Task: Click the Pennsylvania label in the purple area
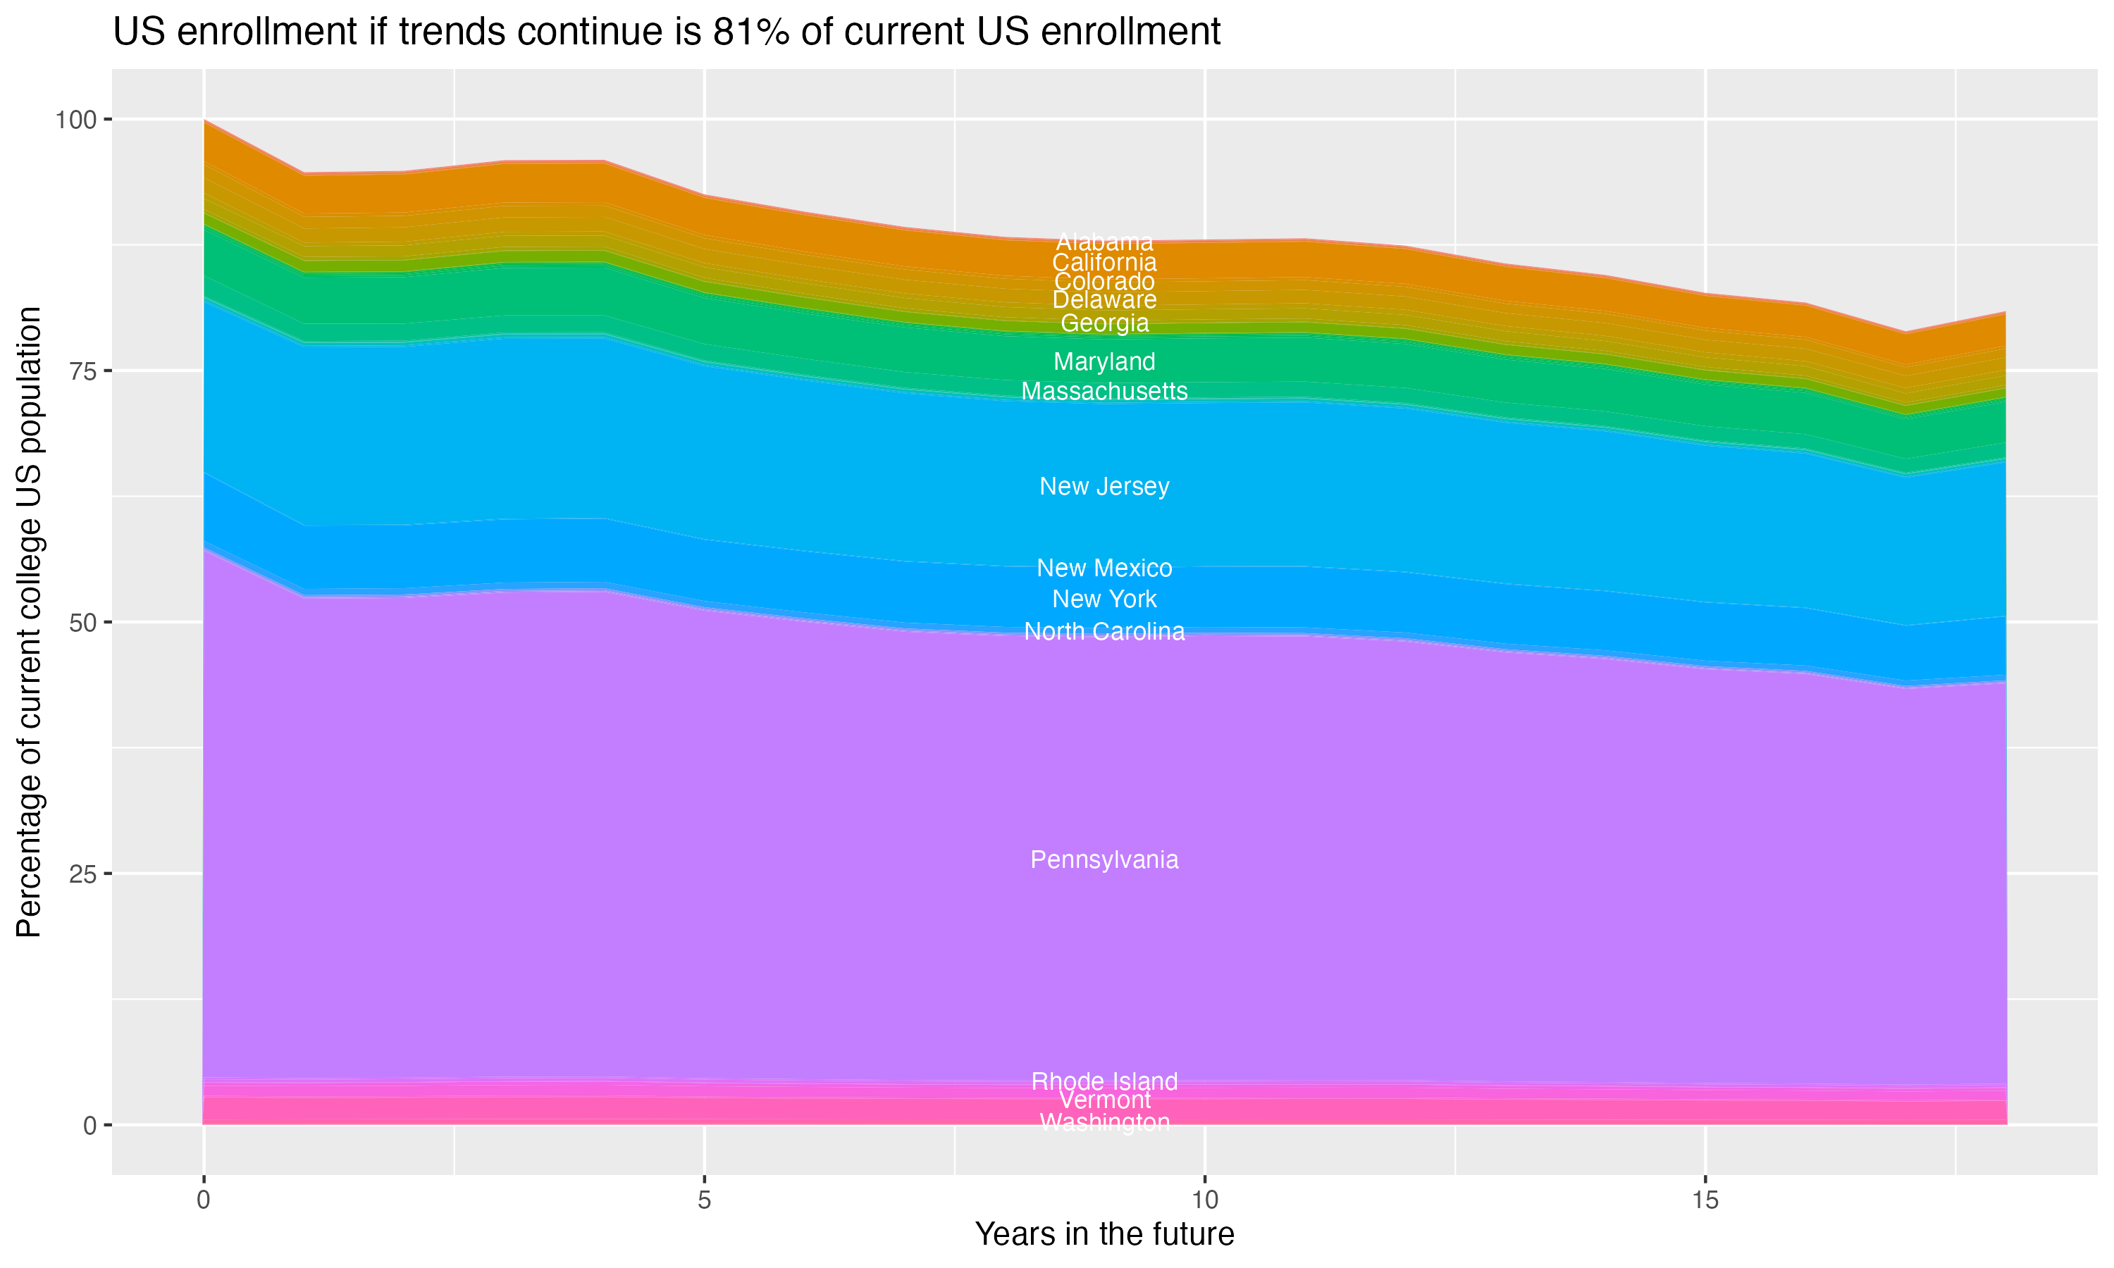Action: point(1104,859)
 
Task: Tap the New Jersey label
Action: point(1104,486)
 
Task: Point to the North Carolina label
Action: point(1104,631)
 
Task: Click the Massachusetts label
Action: point(1104,392)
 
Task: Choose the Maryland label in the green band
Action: point(1104,361)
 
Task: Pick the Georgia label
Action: point(1104,323)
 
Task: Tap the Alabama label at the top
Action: point(1104,242)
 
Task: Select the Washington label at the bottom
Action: point(1104,1122)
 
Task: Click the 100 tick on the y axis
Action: point(75,120)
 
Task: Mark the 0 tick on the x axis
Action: point(204,1200)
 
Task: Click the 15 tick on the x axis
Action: point(1705,1200)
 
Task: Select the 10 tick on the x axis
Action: point(1204,1200)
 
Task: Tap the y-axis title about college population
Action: point(29,621)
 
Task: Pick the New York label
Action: point(1104,599)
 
